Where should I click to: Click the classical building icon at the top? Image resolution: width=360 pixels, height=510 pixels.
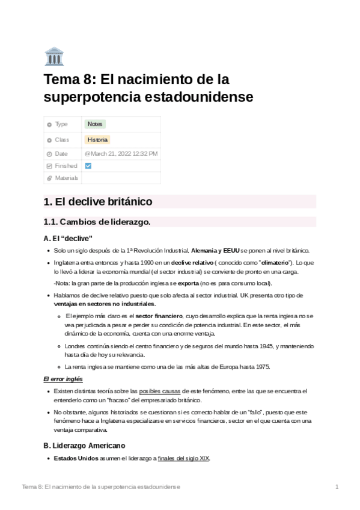tap(54, 56)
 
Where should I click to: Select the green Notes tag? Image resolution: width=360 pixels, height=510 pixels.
tap(95, 124)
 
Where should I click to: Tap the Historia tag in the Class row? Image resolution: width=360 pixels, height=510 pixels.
tap(97, 140)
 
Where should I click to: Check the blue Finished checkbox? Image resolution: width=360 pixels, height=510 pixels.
tap(88, 166)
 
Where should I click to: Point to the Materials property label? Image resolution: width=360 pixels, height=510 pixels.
tap(66, 178)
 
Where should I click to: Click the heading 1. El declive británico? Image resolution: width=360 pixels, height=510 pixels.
tap(98, 201)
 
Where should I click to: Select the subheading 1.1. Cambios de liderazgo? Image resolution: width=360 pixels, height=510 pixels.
tap(97, 222)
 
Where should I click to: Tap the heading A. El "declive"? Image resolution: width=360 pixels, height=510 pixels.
tap(68, 238)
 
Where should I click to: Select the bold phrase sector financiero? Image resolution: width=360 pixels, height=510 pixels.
tap(159, 316)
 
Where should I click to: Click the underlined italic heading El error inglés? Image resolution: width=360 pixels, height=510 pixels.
tap(63, 379)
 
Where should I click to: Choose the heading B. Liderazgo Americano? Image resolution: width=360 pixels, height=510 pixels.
tap(84, 446)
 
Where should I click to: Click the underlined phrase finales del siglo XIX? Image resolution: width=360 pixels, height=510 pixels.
tap(183, 458)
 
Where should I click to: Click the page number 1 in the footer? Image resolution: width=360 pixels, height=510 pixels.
tap(337, 486)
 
